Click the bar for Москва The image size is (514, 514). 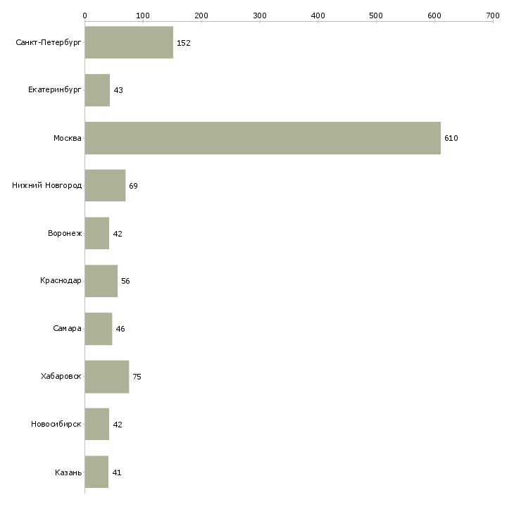coord(263,138)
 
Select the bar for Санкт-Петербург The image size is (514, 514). coord(129,43)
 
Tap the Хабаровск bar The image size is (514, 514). coord(106,377)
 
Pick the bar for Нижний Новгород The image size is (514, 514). coord(105,186)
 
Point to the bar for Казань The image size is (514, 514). coord(96,472)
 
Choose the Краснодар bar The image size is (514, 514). coord(101,281)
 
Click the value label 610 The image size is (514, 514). coord(451,139)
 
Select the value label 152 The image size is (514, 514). coord(184,43)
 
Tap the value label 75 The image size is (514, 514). coord(137,377)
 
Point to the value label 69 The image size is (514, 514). coord(133,186)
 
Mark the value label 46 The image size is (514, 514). coord(120,329)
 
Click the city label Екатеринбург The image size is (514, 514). coord(55,91)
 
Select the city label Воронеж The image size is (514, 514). coord(65,234)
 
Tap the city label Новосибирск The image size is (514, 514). coord(56,425)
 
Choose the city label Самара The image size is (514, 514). coord(68,329)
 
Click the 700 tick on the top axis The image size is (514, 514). coord(492,15)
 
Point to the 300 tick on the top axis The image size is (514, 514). coord(259,15)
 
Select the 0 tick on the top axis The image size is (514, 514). coord(84,15)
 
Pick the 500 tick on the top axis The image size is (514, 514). coord(376,15)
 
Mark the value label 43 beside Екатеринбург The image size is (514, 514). coord(118,91)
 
